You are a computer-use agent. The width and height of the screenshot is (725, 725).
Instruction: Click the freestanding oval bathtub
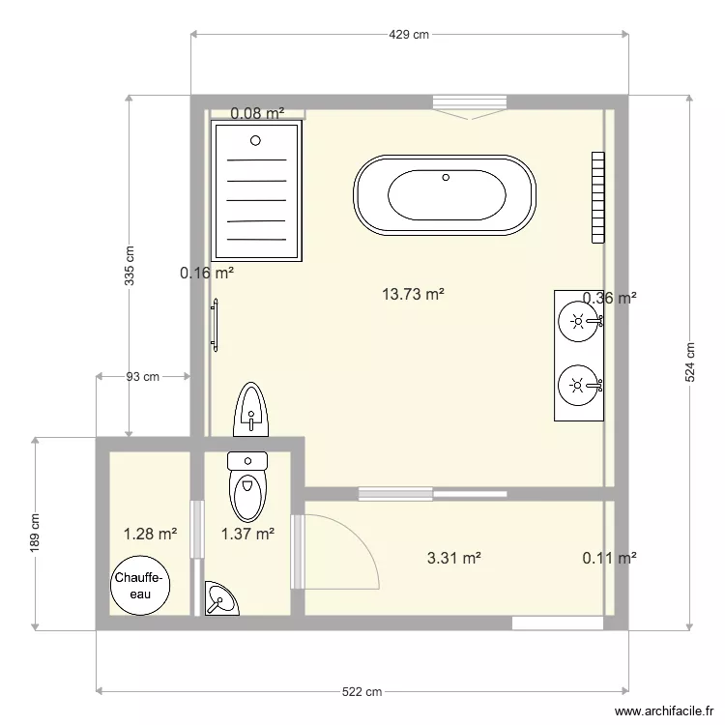[x=446, y=194]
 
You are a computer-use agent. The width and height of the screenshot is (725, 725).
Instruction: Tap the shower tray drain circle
[x=256, y=140]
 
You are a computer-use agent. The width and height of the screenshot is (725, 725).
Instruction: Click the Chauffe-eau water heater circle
[x=141, y=586]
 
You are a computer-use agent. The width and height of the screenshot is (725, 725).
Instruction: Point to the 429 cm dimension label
[x=409, y=35]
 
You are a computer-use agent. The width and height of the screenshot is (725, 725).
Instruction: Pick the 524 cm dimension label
[x=690, y=363]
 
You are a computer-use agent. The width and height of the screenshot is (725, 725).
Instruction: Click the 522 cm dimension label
[x=362, y=691]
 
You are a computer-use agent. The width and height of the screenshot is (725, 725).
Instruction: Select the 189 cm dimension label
[x=36, y=532]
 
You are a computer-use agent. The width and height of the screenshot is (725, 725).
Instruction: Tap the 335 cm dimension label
[x=130, y=264]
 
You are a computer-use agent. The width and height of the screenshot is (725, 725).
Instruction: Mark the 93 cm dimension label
[x=143, y=377]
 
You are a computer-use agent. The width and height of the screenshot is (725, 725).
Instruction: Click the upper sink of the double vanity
[x=578, y=321]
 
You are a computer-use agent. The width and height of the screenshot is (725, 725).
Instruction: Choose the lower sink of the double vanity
[x=578, y=385]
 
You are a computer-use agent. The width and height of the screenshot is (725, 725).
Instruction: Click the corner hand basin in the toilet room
[x=221, y=600]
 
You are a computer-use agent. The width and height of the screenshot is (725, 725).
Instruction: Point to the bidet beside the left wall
[x=251, y=410]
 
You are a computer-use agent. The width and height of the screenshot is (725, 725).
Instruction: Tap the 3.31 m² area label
[x=454, y=558]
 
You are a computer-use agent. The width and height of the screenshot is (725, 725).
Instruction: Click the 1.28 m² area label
[x=150, y=533]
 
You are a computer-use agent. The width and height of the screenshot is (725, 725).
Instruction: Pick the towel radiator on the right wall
[x=598, y=196]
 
